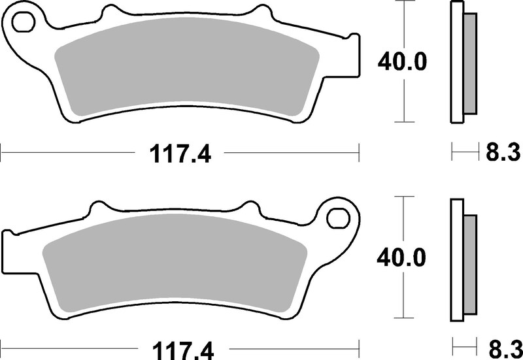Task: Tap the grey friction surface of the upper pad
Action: pyautogui.click(x=186, y=72)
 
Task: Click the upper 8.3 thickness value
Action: pyautogui.click(x=502, y=154)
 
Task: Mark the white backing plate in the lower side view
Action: pyautogui.click(x=457, y=258)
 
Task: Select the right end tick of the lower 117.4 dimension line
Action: pyautogui.click(x=360, y=346)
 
